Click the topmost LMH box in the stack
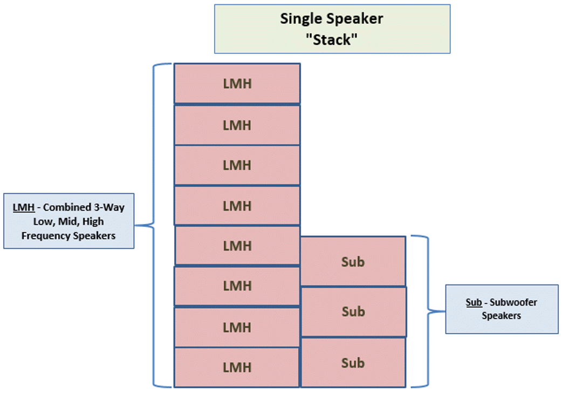point(237,84)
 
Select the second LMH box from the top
point(237,125)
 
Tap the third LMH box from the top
point(237,165)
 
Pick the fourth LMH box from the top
point(237,206)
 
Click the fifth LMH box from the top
point(237,246)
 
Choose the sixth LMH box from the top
point(237,286)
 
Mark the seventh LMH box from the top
point(237,327)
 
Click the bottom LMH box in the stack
point(237,367)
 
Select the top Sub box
point(353,262)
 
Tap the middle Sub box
point(353,311)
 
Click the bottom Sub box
point(353,363)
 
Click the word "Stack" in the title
point(332,40)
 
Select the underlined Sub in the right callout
point(474,303)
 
